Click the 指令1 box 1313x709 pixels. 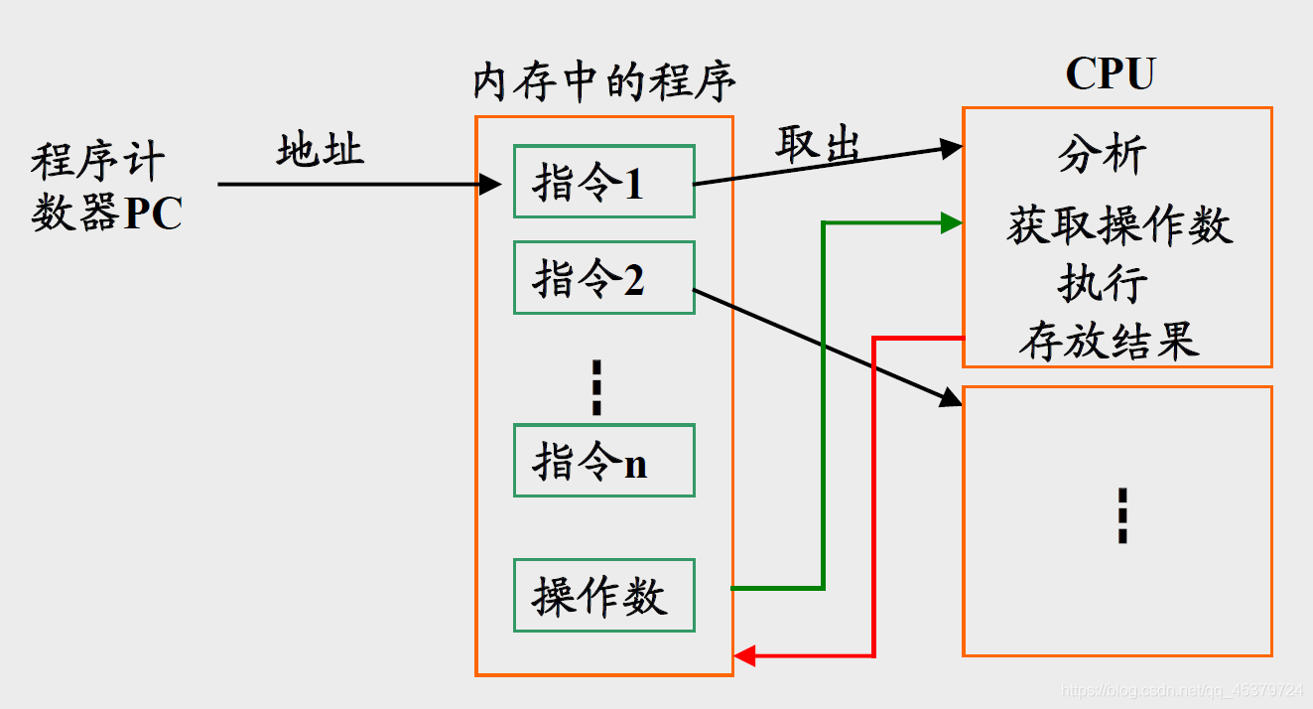pyautogui.click(x=603, y=182)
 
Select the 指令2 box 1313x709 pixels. pyautogui.click(x=603, y=277)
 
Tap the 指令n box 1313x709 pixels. pyautogui.click(x=603, y=461)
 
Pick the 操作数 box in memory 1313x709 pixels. pyautogui.click(x=603, y=596)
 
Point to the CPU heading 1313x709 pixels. pyautogui.click(x=1111, y=73)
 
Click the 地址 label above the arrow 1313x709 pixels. pyautogui.click(x=320, y=150)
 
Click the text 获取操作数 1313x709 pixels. pyautogui.click(x=1118, y=225)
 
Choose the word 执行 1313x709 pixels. pyautogui.click(x=1103, y=284)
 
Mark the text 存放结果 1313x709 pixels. pyautogui.click(x=1109, y=342)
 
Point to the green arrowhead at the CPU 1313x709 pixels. pyautogui.click(x=952, y=222)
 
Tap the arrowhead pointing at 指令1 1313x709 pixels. pyautogui.click(x=489, y=184)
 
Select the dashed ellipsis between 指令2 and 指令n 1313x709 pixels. pyautogui.click(x=596, y=387)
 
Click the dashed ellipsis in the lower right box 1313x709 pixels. pyautogui.click(x=1122, y=514)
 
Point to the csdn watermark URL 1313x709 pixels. pyautogui.click(x=1181, y=690)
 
